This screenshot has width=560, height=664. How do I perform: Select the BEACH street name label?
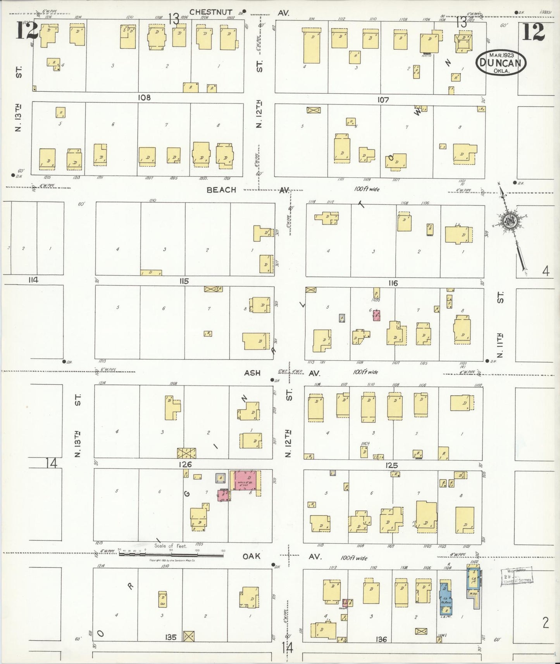pos(221,190)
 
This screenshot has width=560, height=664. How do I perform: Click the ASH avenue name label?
pos(252,373)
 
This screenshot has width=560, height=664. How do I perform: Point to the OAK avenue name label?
pos(251,556)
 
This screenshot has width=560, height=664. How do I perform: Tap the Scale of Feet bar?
pos(171,554)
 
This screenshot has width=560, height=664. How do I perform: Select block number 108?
pos(144,98)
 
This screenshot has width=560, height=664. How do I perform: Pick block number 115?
pos(184,281)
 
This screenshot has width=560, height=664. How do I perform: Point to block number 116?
pos(393,283)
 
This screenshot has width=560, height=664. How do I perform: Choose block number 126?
pos(186,464)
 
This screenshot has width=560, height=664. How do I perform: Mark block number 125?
pos(392,465)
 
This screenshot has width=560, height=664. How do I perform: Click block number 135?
pos(171,637)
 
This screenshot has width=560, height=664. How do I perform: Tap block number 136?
pos(381,639)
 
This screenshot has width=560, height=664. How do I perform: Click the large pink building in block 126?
pos(246,481)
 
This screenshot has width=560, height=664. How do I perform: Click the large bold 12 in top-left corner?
pos(26,31)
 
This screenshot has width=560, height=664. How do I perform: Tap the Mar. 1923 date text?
pos(501,55)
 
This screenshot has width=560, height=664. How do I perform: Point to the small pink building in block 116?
pos(376,315)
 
